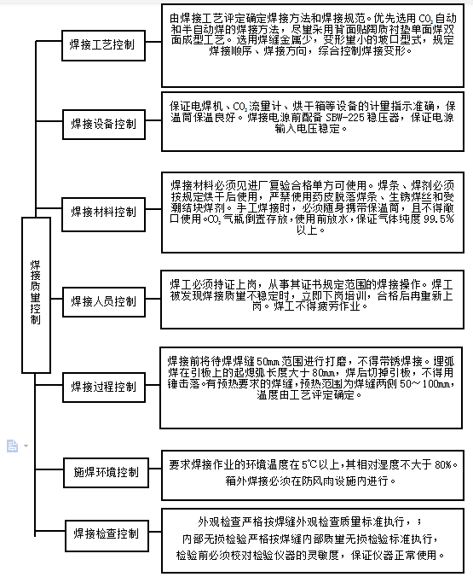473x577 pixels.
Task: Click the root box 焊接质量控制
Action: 35,294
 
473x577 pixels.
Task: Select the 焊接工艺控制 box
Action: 103,44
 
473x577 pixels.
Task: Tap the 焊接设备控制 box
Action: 103,124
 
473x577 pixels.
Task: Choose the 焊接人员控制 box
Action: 103,300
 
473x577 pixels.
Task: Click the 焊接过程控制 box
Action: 103,387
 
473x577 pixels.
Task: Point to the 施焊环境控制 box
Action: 103,471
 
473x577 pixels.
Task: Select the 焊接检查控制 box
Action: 103,534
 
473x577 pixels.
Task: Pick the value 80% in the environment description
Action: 446,465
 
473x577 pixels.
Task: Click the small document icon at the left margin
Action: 12,446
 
